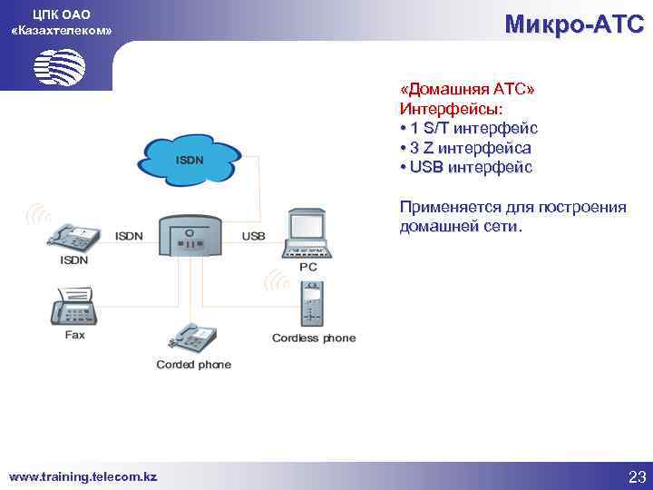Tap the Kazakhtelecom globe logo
[x=59, y=65]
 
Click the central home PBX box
[x=190, y=238]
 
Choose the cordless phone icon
[x=312, y=303]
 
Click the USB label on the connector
[x=254, y=236]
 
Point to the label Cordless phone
[x=314, y=338]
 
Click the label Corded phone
[x=193, y=365]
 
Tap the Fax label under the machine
[x=74, y=335]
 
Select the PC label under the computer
[x=308, y=268]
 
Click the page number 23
[x=635, y=476]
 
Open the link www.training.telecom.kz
[x=83, y=476]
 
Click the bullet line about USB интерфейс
[x=465, y=167]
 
